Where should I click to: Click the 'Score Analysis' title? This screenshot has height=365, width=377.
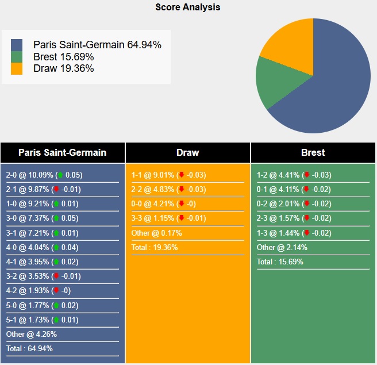(x=188, y=7)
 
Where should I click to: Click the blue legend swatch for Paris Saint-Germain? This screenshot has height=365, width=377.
(x=17, y=45)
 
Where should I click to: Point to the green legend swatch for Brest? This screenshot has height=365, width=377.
(x=17, y=57)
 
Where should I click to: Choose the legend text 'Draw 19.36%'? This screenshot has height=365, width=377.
(x=64, y=68)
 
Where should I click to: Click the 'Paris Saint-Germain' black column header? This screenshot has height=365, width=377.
(x=62, y=152)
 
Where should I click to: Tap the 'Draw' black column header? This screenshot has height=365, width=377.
(x=188, y=152)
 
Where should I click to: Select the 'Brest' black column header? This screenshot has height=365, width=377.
(x=313, y=152)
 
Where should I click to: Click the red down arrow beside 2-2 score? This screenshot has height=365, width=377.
(x=182, y=190)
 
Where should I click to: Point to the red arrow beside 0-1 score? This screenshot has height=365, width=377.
(x=307, y=190)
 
